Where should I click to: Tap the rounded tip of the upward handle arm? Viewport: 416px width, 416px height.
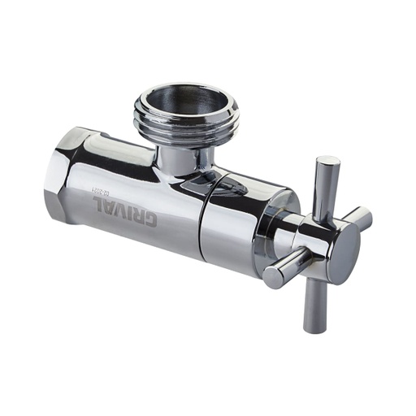tap(329, 161)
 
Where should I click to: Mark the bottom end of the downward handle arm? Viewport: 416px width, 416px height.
tap(314, 327)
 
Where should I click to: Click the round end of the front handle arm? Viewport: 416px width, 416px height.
tap(271, 278)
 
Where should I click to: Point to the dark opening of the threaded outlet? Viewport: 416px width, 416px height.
tap(187, 102)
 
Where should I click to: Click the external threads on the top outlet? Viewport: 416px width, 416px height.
tap(185, 130)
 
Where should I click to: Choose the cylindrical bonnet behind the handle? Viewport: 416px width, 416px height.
tap(244, 219)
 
